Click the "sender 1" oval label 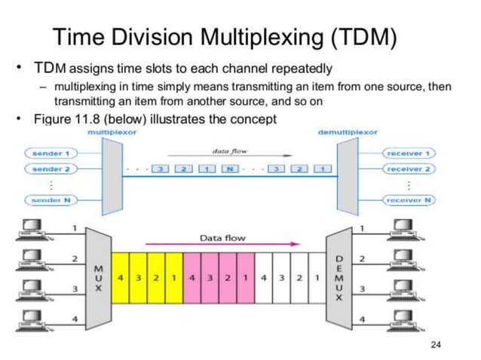51,153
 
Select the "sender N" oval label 51,200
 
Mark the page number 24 434,345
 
